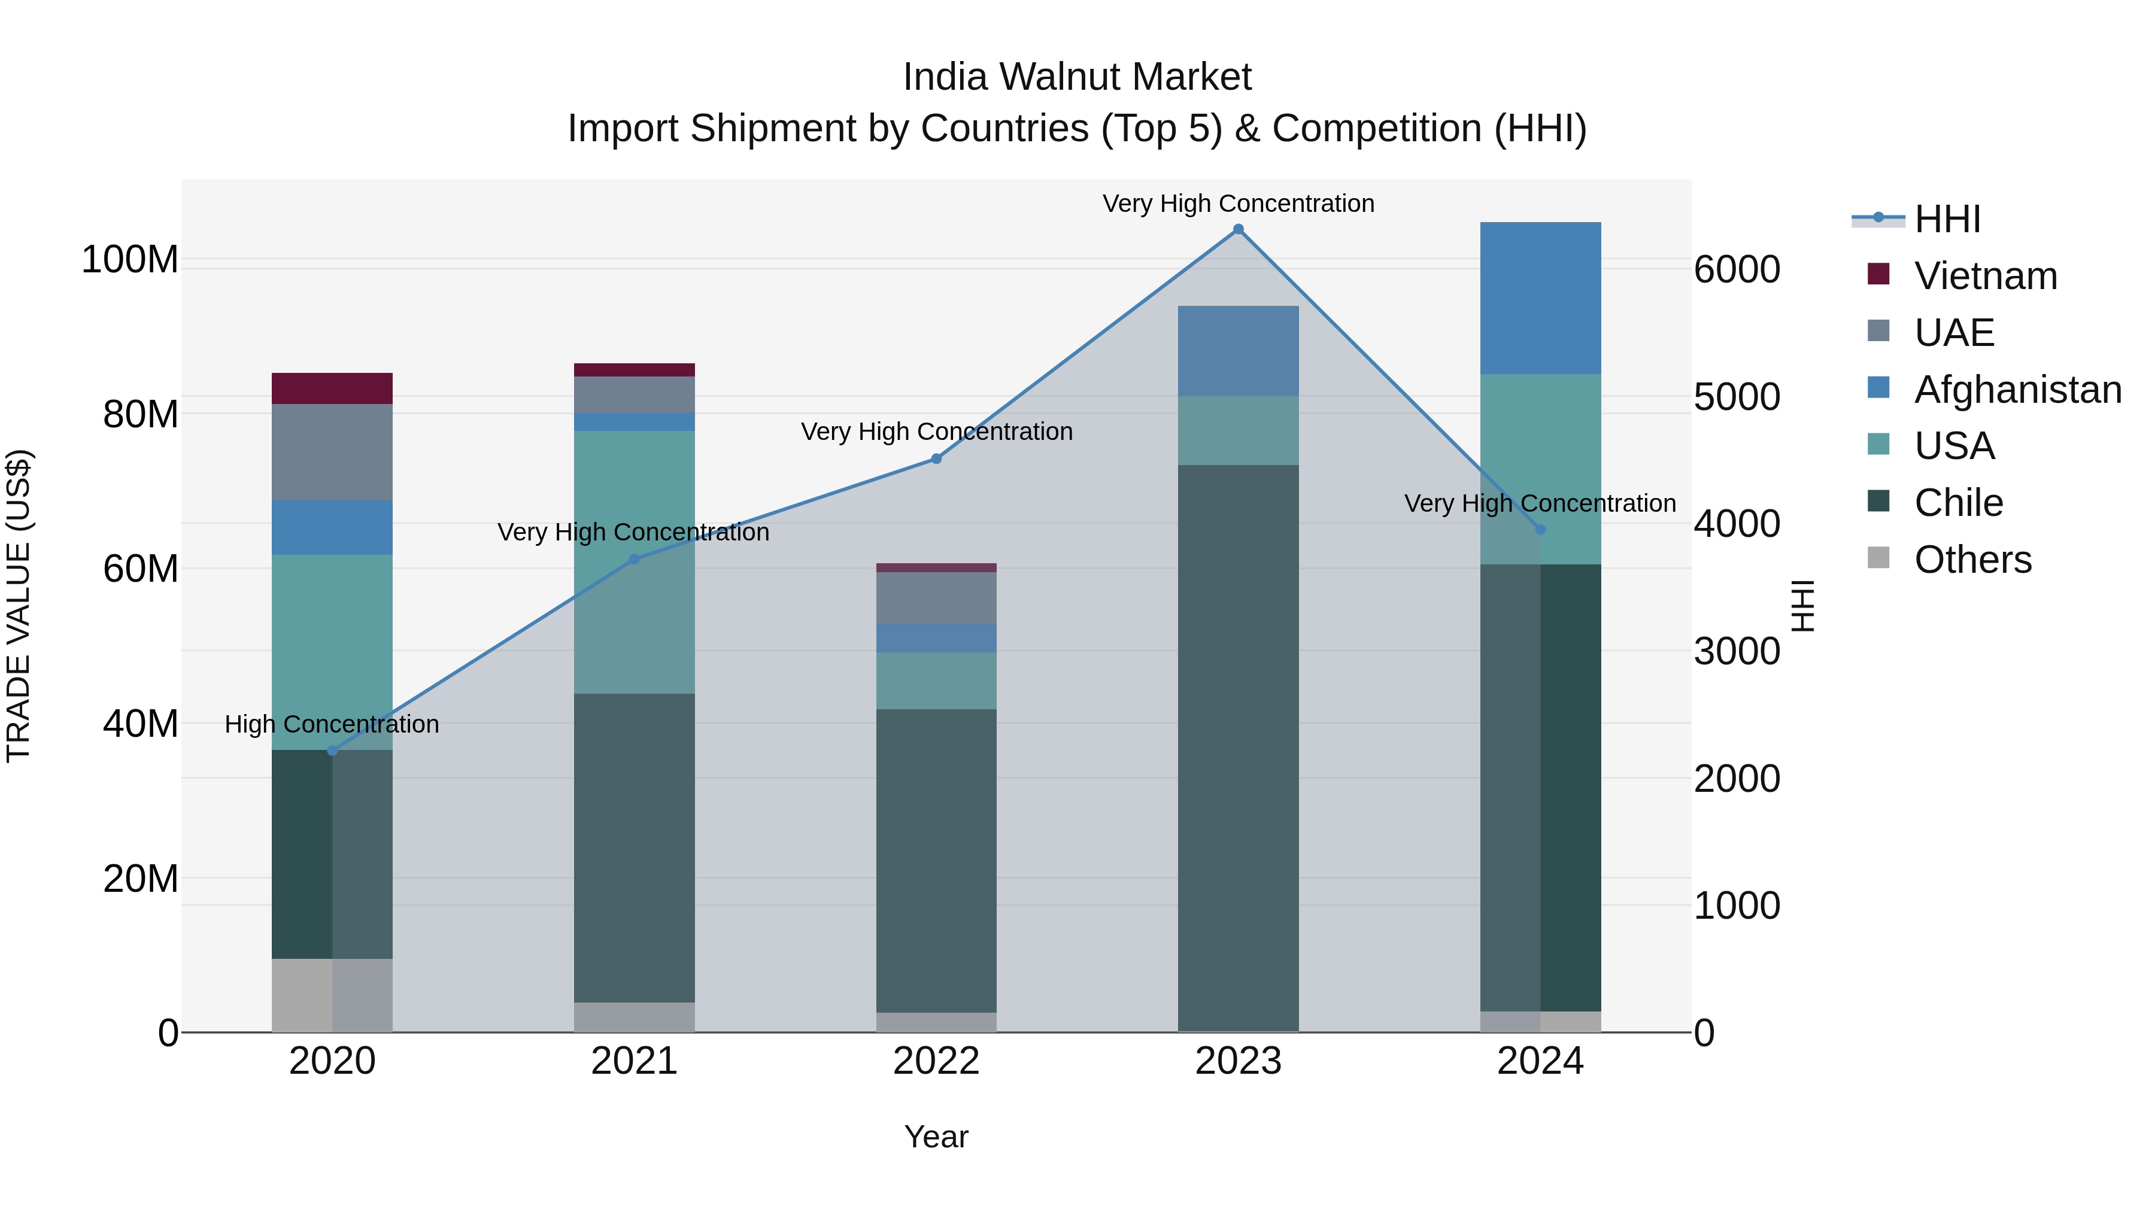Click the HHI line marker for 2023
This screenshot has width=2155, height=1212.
(1238, 229)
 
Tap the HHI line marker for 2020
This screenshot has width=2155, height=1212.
(332, 751)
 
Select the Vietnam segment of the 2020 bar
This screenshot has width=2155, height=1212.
(332, 388)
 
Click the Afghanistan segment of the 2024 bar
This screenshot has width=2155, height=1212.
(1540, 298)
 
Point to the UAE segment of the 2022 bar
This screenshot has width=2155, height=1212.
(936, 597)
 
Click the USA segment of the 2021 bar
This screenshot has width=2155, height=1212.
(634, 561)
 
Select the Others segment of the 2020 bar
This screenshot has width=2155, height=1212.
(332, 995)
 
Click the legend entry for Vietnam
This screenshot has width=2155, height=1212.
(1984, 276)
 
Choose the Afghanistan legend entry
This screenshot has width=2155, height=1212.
(2017, 390)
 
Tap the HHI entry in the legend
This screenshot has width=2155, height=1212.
(1947, 219)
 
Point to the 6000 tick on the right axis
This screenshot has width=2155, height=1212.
(1737, 269)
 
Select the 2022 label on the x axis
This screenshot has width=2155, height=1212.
(936, 1061)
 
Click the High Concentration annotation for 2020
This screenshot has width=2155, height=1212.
(332, 724)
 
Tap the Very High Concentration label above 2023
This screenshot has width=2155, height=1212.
(1238, 203)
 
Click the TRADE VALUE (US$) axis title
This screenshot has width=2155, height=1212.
(19, 606)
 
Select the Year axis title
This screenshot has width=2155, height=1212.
(936, 1137)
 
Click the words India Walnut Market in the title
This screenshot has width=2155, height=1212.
(1077, 77)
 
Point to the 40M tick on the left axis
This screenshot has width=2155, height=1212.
(141, 724)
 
